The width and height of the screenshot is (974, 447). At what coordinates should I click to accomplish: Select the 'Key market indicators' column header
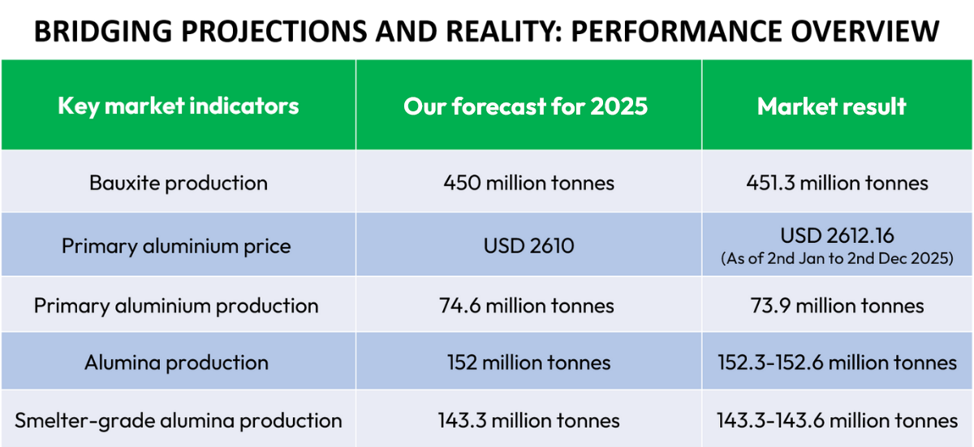(x=179, y=106)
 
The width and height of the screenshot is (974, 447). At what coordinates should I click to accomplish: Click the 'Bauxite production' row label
(x=179, y=183)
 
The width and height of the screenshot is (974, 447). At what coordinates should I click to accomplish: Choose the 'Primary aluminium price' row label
(x=176, y=245)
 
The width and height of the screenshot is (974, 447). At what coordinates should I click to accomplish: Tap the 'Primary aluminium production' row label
(x=176, y=306)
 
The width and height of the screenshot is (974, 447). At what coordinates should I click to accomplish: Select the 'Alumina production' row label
(x=176, y=362)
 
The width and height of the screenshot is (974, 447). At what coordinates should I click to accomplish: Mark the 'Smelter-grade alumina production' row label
(x=179, y=420)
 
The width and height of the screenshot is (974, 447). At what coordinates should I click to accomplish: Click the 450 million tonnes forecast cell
(x=529, y=183)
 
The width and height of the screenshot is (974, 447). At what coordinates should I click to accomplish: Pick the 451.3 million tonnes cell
(x=837, y=183)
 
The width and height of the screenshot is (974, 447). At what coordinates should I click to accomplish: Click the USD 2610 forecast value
(x=529, y=245)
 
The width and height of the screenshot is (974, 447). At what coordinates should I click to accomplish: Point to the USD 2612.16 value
(x=837, y=236)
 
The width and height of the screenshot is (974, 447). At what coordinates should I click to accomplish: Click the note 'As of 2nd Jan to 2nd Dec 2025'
(x=837, y=259)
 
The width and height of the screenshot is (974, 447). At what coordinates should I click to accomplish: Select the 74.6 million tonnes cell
(x=529, y=306)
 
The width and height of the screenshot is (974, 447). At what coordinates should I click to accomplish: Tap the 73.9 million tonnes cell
(x=837, y=306)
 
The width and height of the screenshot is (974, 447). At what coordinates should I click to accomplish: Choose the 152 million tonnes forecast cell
(x=529, y=362)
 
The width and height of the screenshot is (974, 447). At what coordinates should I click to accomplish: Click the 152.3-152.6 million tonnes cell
(x=837, y=362)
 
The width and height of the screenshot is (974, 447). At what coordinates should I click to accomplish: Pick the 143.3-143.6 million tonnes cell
(x=837, y=420)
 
